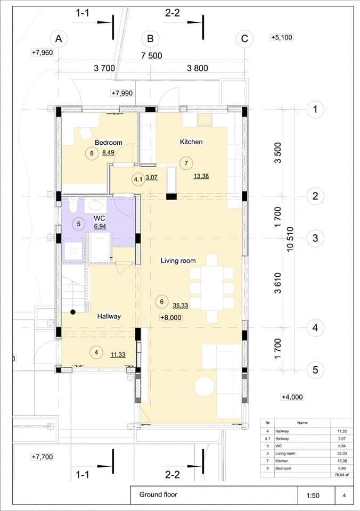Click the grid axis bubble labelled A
click(59, 39)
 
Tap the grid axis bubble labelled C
click(244, 39)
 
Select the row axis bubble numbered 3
click(315, 238)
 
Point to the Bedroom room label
click(108, 143)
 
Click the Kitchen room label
click(191, 142)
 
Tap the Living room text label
click(178, 261)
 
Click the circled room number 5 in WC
click(79, 224)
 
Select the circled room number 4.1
click(138, 179)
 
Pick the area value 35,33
click(181, 306)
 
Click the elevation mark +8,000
click(171, 317)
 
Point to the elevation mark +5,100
click(281, 37)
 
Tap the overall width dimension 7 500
click(151, 56)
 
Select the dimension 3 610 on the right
click(277, 283)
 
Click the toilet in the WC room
click(73, 204)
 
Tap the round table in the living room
click(204, 386)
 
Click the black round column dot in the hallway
click(73, 312)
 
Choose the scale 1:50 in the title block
click(313, 496)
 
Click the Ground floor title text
click(158, 494)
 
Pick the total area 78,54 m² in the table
click(342, 475)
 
